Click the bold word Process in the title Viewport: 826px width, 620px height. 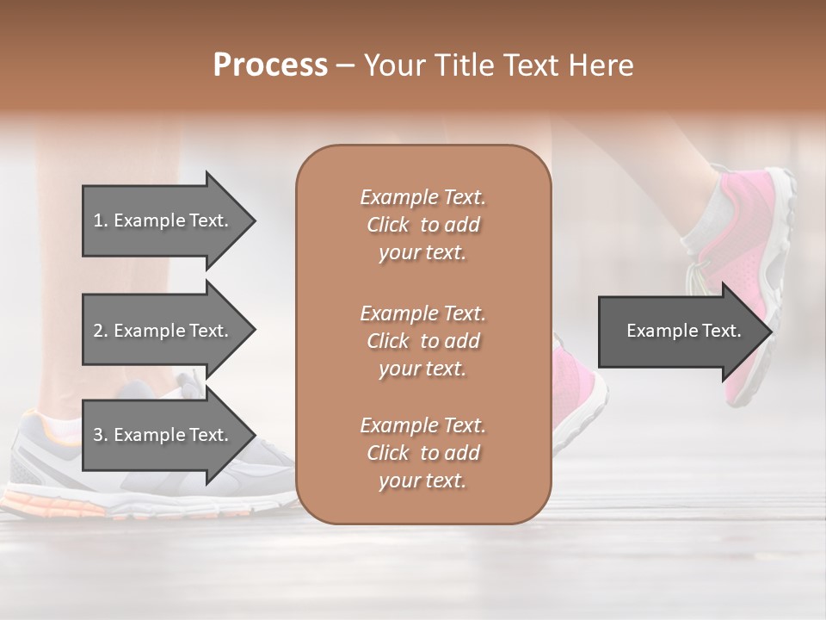tap(270, 65)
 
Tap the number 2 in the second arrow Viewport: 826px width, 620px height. tap(98, 331)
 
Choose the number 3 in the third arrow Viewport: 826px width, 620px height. tap(98, 435)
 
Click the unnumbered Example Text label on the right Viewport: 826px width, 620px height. tap(683, 331)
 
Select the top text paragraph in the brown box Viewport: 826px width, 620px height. tap(422, 225)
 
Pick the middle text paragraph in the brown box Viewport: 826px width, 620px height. tap(422, 340)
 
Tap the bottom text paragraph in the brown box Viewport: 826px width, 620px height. tap(422, 453)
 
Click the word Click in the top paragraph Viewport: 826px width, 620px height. tap(388, 225)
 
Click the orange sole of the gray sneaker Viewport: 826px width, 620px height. tap(52, 502)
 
